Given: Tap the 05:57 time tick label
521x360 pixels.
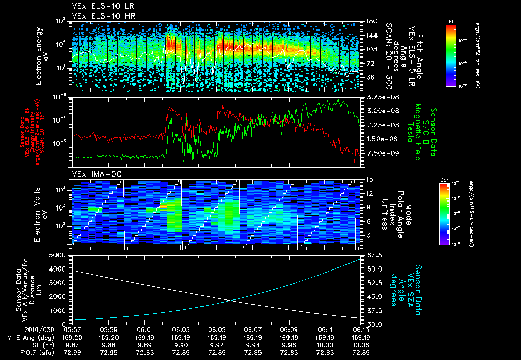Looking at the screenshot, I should tap(74, 330).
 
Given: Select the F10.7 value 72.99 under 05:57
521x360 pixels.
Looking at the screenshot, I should tap(74, 352).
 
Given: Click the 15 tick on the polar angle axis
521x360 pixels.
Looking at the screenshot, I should tap(367, 179).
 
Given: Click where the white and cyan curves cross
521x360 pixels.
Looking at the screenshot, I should tap(231, 301).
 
